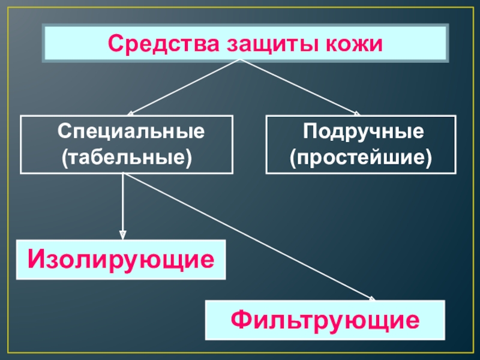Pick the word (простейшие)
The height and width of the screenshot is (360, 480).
tap(361, 158)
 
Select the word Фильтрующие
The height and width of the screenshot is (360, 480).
tap(325, 320)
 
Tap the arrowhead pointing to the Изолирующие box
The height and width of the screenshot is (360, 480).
tap(122, 235)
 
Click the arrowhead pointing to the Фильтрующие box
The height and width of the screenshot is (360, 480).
tap(371, 298)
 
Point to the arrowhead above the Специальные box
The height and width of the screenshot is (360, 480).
tap(131, 112)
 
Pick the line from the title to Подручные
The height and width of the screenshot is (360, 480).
tap(300, 87)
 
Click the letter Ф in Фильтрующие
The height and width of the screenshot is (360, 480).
tap(242, 320)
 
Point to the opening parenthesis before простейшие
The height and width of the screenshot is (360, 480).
tap(293, 159)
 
